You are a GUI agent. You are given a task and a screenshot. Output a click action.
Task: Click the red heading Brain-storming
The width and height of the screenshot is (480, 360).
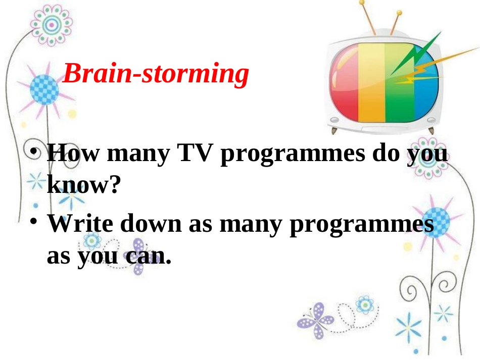coord(156,75)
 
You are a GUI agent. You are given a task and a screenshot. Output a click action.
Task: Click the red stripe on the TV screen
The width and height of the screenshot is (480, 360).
coord(345,83)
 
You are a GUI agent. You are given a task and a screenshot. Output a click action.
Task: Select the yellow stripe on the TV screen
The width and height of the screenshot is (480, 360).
coord(371,83)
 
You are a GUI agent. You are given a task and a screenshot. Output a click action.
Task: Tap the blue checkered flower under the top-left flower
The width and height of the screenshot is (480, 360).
coord(44,90)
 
